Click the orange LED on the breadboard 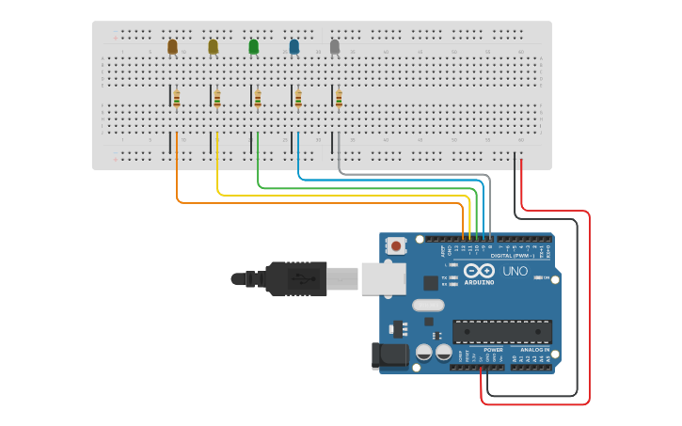(172, 46)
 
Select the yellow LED (214, 46)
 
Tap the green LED (253, 46)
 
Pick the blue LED (294, 46)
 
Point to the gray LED (335, 46)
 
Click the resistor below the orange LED (177, 98)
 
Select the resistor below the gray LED (339, 98)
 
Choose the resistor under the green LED (258, 98)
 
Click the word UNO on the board (515, 271)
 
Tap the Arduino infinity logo (478, 269)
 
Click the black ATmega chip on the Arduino (501, 331)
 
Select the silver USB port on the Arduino (384, 278)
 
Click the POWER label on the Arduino (493, 350)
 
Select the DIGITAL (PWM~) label (512, 256)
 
